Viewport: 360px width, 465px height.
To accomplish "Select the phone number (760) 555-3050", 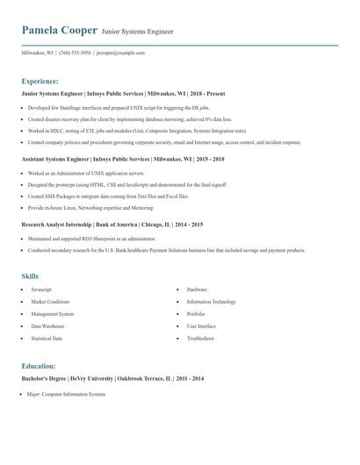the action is tap(75, 53).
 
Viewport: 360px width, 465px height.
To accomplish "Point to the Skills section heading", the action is tap(30, 275).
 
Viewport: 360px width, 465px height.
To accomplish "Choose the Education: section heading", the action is tap(39, 366).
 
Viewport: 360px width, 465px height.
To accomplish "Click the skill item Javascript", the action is tap(42, 289).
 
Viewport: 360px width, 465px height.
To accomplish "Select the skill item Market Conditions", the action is tap(50, 301).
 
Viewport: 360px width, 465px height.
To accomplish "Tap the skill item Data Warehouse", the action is tap(47, 325).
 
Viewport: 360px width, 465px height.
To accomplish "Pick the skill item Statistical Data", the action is tap(47, 338).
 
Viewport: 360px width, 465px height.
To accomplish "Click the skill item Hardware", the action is tap(197, 289).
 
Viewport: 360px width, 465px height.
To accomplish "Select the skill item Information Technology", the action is tap(211, 301).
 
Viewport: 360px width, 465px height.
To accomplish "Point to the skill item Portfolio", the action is tap(196, 313).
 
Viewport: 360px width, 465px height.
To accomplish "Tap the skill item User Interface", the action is tap(201, 325).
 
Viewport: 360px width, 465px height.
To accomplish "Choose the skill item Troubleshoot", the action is tap(200, 338).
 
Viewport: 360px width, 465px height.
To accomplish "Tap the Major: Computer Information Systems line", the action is tap(66, 393).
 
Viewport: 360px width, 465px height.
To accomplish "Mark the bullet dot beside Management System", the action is tap(21, 313).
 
